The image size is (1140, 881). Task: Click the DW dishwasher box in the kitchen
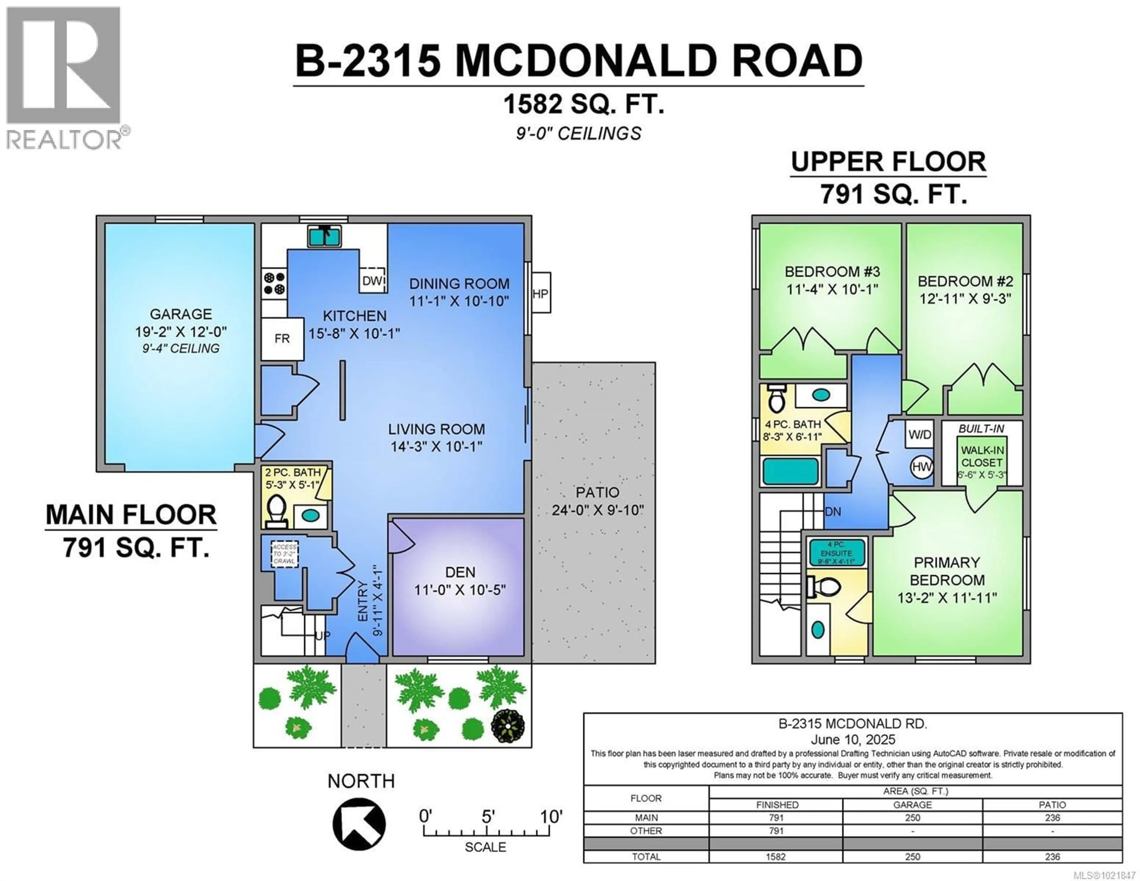click(373, 281)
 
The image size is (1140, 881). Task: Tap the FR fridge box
click(282, 339)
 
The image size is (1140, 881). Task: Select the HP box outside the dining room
click(540, 293)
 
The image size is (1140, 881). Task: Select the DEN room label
click(460, 572)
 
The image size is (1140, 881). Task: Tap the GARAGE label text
click(180, 314)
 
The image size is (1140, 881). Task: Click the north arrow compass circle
click(359, 824)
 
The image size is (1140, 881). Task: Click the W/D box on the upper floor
click(919, 434)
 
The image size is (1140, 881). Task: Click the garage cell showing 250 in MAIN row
click(912, 817)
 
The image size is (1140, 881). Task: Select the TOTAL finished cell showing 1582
click(776, 856)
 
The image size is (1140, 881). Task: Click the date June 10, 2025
click(852, 739)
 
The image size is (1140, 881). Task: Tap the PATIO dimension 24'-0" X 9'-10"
click(597, 510)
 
